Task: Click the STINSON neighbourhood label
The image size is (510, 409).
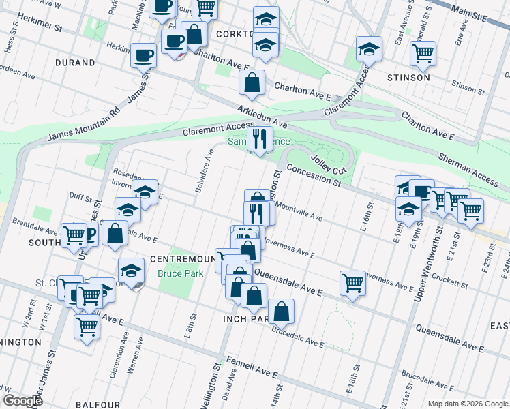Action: [x=408, y=78]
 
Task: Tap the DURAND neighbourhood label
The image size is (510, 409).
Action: [x=76, y=63]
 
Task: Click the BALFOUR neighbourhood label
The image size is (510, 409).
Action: [x=98, y=404]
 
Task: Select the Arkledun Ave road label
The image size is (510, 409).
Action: [x=262, y=117]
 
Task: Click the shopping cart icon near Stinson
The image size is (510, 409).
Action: [x=423, y=52]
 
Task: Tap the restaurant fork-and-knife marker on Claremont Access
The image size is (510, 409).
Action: [x=259, y=140]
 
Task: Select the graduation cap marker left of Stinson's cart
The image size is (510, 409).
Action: [x=370, y=49]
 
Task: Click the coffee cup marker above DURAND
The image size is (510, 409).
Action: [x=144, y=55]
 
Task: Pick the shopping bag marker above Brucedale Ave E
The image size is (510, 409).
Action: [x=281, y=312]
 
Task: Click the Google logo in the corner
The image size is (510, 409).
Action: [x=22, y=401]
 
